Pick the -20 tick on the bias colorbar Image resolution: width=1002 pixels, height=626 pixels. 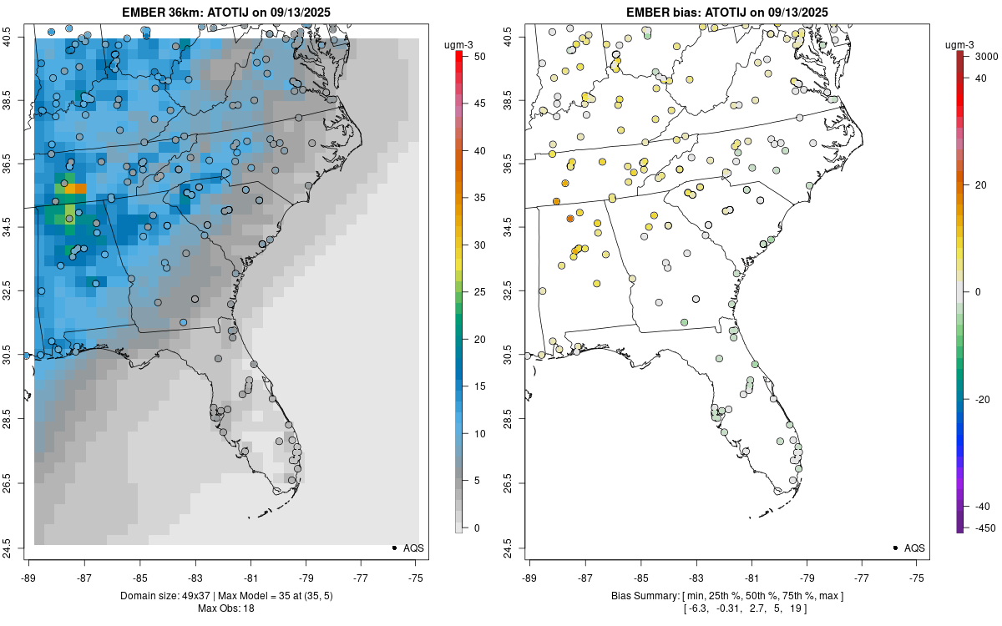pos(983,399)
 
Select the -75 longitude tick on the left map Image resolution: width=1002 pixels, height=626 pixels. pos(417,578)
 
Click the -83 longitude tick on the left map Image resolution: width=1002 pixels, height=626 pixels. pos(195,578)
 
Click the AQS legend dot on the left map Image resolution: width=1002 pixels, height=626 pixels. pos(393,548)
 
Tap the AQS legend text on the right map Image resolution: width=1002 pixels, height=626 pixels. pos(914,548)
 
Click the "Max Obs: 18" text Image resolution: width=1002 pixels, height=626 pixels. pos(226,608)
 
